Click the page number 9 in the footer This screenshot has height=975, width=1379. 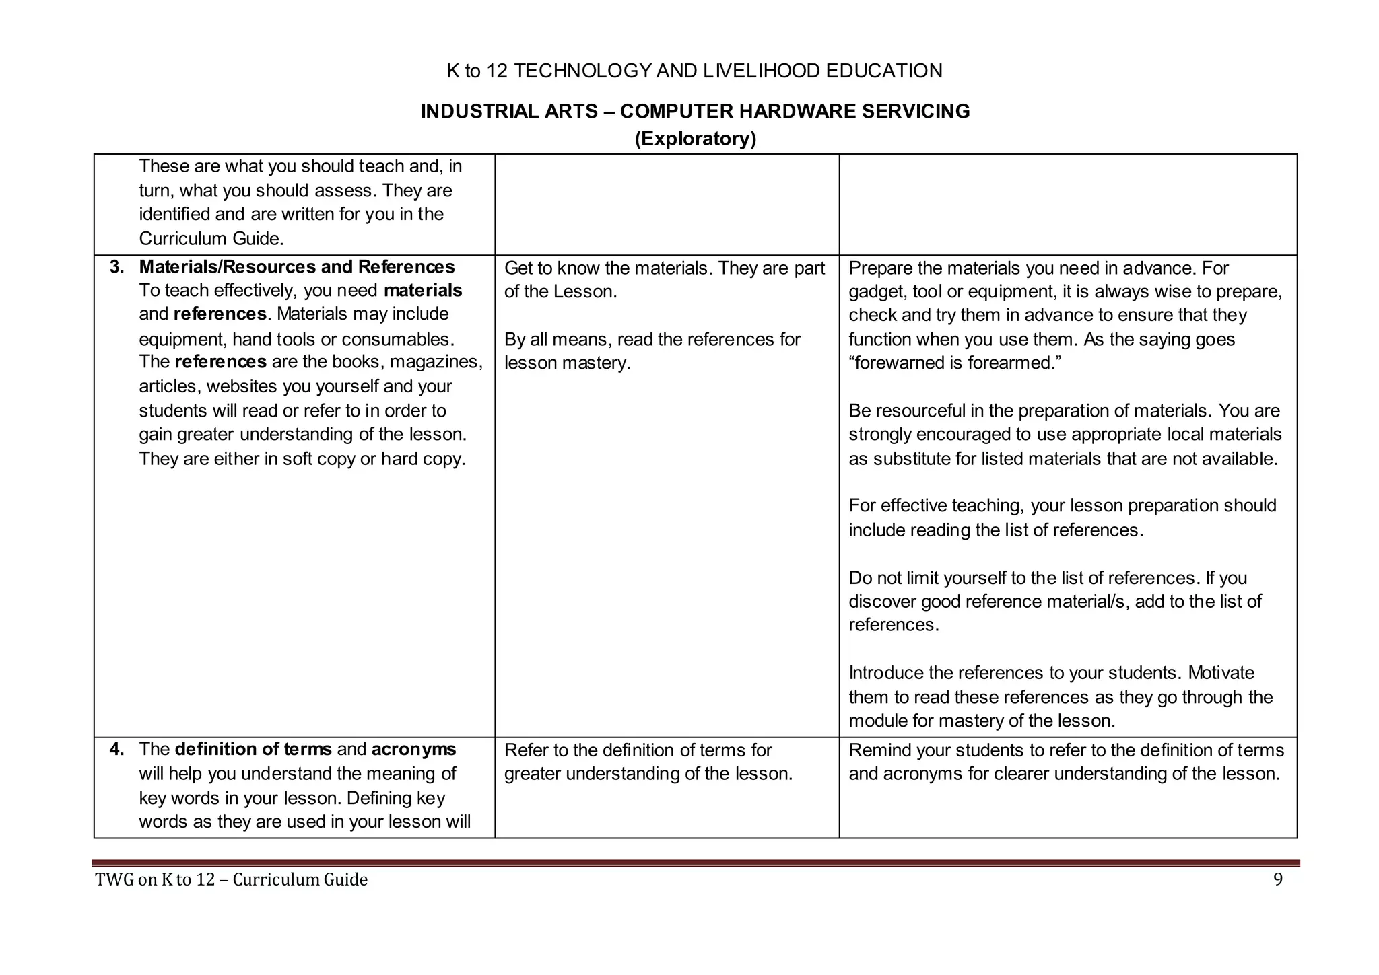pyautogui.click(x=1277, y=879)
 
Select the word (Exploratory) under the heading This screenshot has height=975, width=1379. pyautogui.click(x=695, y=139)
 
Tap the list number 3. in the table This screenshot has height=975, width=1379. pyautogui.click(x=117, y=267)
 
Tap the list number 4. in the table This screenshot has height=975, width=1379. pyautogui.click(x=117, y=750)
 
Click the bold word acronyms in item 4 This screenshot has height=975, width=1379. pyautogui.click(x=413, y=750)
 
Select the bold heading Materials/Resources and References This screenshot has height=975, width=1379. pyautogui.click(x=296, y=267)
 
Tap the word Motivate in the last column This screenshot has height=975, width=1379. pyautogui.click(x=1221, y=673)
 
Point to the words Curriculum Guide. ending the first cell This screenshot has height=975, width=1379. pyautogui.click(x=211, y=239)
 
